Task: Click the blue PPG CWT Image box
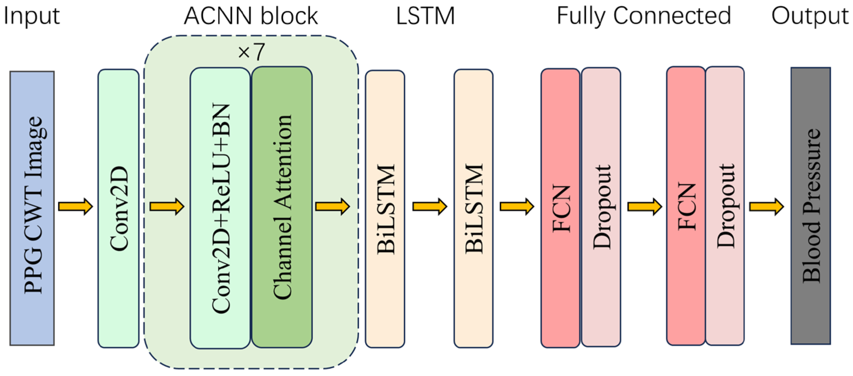[x=32, y=208]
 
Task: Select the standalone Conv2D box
[x=118, y=208]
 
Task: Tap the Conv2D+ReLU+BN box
[x=220, y=208]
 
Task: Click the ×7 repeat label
[x=251, y=52]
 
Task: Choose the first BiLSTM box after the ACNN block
[x=385, y=209]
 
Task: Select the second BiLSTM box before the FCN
[x=473, y=208]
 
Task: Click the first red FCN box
[x=560, y=208]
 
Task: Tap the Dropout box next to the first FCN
[x=601, y=207]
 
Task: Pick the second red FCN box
[x=686, y=206]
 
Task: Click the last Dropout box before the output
[x=725, y=206]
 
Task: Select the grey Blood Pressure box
[x=811, y=206]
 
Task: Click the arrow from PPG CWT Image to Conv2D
[x=76, y=207]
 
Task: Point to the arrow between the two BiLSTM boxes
[x=430, y=207]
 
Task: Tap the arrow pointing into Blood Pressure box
[x=766, y=207]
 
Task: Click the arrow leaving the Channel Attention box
[x=332, y=207]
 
